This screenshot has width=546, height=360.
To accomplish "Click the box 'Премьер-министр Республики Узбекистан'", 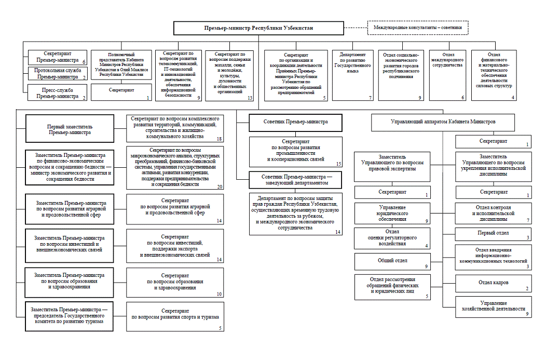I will (258, 28).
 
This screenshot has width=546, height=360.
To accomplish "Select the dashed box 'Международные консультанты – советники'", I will (418, 28).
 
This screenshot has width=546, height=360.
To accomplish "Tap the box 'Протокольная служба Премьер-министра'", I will (57, 74).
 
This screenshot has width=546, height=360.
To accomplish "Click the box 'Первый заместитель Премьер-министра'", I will (69, 128).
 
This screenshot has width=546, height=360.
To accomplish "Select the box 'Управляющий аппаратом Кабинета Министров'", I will (443, 122).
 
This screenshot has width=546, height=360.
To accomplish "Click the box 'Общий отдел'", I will (392, 260).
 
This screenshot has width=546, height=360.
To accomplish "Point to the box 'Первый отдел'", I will (494, 233).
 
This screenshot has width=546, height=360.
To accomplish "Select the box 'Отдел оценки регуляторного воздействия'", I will (392, 237).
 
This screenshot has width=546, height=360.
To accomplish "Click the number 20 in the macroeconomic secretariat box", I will (220, 187).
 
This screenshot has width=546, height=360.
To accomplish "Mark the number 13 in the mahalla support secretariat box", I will (250, 98).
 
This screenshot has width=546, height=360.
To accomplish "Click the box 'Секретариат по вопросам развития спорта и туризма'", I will (175, 314).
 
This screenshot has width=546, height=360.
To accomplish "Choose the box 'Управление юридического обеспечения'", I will (392, 214).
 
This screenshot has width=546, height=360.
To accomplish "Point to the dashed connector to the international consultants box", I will (356, 28).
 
